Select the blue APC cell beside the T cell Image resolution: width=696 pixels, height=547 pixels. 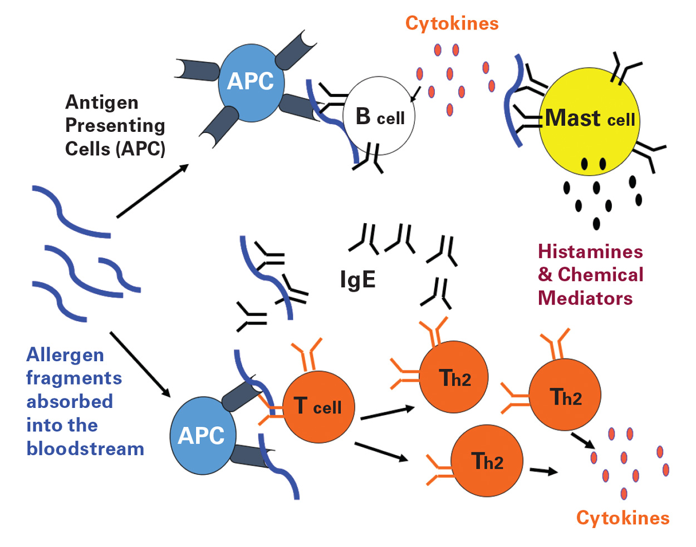202,435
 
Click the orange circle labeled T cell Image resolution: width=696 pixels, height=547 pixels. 318,407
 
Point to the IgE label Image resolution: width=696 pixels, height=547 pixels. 357,279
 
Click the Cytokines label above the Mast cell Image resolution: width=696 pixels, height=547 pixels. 452,23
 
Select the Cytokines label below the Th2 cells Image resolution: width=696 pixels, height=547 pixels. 623,518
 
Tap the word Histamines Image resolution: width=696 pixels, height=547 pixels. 590,252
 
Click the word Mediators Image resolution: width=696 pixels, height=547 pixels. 585,298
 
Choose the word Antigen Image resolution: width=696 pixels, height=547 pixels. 102,102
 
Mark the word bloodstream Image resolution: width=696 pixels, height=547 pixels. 85,449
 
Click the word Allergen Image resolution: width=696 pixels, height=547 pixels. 65,355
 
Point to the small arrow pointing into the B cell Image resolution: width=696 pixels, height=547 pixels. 414,95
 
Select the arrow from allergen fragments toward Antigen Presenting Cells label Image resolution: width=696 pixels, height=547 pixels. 152,191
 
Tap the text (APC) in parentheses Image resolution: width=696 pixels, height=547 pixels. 143,149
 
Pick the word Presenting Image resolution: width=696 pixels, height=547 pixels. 115,126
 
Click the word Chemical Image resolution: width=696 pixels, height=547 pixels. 600,275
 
